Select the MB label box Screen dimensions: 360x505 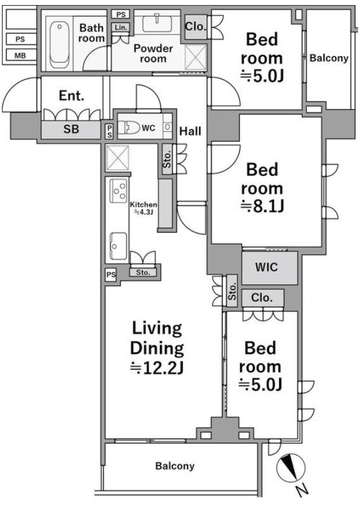click(x=20, y=56)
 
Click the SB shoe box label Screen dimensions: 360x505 click(x=71, y=129)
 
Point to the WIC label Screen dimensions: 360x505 click(x=266, y=267)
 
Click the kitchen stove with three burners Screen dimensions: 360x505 click(x=118, y=190)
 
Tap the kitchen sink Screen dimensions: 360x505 click(x=118, y=246)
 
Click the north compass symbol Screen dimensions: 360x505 click(x=291, y=468)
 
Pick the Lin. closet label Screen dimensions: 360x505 click(x=121, y=27)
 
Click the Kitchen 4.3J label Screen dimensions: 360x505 click(x=143, y=208)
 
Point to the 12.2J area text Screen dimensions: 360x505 click(x=157, y=368)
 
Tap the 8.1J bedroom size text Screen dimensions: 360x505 click(x=262, y=206)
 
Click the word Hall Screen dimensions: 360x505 click(x=190, y=131)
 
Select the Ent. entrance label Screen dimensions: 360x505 click(x=71, y=96)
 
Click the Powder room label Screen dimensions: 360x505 click(x=153, y=53)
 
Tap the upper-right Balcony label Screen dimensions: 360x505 click(x=329, y=58)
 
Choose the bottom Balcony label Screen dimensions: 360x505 click(x=175, y=466)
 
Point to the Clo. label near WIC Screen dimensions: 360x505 click(x=262, y=297)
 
